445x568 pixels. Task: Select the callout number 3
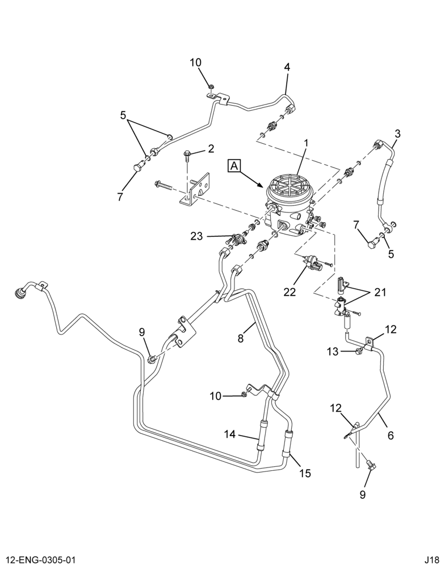click(397, 133)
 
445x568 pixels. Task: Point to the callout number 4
click(287, 67)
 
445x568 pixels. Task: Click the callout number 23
click(199, 236)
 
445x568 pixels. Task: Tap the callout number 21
click(380, 292)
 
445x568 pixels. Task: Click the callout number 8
click(241, 338)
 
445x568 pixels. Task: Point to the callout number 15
click(305, 473)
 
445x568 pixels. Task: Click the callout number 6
click(391, 435)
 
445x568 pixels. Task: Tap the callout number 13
click(333, 351)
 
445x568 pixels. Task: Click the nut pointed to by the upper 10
click(211, 86)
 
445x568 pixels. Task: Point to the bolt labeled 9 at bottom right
click(371, 465)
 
